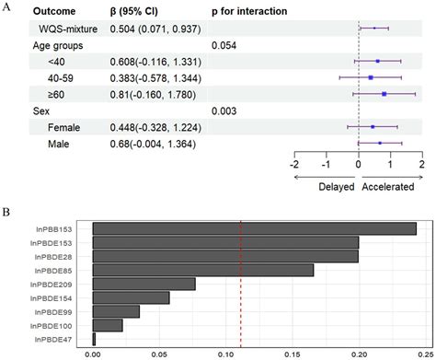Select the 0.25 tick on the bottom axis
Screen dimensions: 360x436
tap(424, 352)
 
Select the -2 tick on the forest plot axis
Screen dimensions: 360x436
tap(294, 164)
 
